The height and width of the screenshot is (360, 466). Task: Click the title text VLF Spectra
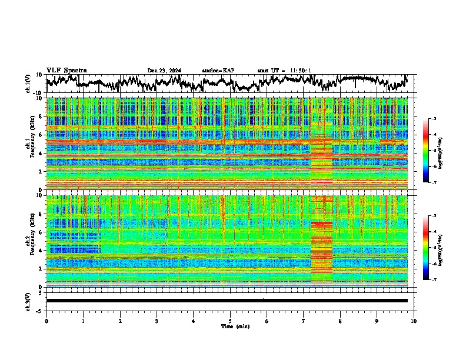pos(66,71)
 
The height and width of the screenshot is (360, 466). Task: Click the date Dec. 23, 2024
pos(164,71)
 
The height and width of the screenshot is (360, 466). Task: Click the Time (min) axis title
pos(229,326)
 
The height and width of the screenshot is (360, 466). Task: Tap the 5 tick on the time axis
pos(230,321)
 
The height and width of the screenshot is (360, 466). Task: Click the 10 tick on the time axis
pos(414,321)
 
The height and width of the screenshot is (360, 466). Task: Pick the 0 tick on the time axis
pos(46,321)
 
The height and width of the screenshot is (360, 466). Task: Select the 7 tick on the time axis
pos(304,321)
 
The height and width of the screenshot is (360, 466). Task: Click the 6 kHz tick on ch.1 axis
pos(41,135)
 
